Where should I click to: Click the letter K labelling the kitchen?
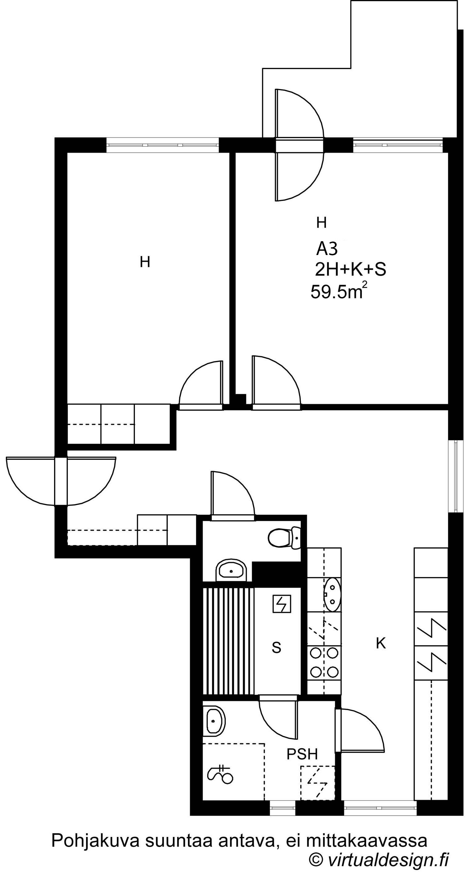(x=381, y=644)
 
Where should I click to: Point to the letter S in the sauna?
(x=276, y=648)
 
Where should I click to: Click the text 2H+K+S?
(x=351, y=269)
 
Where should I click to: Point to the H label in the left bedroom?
(x=145, y=262)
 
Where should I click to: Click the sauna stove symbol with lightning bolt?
(x=282, y=604)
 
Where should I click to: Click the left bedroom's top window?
(x=163, y=145)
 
